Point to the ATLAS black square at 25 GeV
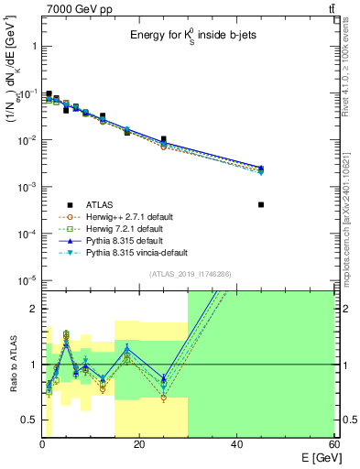163,139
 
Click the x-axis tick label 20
138,444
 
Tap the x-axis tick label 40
236,444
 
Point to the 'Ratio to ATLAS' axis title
12,365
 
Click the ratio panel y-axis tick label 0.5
28,420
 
